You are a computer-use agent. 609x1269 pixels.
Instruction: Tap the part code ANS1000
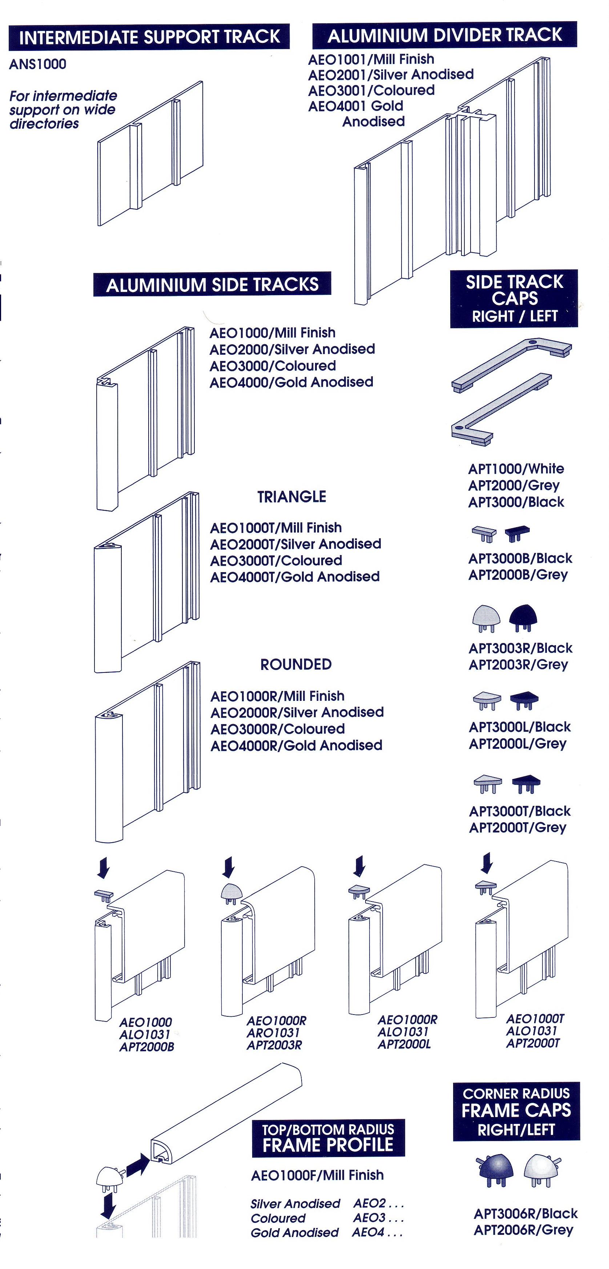point(37,64)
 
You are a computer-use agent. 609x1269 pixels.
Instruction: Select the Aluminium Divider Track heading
point(444,35)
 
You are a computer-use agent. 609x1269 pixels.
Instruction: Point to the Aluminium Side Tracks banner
point(212,285)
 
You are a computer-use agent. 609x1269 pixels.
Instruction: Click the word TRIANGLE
point(291,497)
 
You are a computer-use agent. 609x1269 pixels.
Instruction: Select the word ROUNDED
point(295,664)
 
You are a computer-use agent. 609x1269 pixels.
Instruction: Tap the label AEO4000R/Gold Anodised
point(297,745)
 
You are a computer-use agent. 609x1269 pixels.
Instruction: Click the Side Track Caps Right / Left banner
point(514,298)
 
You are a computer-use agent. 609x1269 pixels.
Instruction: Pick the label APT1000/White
point(516,469)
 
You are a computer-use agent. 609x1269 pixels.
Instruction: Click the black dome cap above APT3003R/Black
point(523,617)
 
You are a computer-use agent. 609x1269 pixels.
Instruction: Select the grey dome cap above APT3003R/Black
point(486,618)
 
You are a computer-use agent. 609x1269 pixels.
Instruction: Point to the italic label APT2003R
point(274,1045)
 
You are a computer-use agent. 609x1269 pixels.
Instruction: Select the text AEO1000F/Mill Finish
point(317,1176)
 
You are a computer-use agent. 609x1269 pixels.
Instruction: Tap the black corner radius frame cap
point(496,1169)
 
